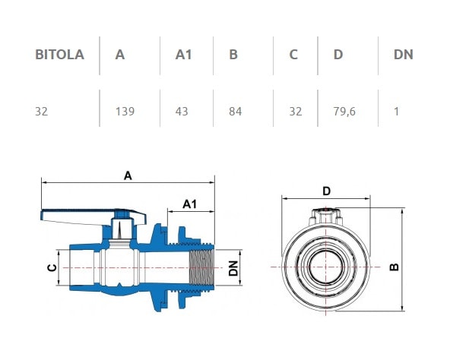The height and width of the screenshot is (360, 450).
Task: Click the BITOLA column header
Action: point(59,55)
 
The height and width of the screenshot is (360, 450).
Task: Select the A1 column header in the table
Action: point(184,55)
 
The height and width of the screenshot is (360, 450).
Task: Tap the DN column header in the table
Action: point(403,55)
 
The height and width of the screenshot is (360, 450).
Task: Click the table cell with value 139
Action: point(125,111)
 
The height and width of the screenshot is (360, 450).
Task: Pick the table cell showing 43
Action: point(182,111)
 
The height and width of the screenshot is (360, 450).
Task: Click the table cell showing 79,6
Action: point(344,111)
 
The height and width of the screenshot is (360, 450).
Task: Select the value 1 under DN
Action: point(396,111)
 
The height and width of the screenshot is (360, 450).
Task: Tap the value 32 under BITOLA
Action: point(42,111)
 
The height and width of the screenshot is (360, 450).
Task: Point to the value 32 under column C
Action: point(295,111)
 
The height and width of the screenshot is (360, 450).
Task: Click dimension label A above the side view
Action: point(128,175)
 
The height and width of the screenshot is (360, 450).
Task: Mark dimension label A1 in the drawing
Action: point(190,203)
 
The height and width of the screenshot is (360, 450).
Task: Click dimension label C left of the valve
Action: point(51,267)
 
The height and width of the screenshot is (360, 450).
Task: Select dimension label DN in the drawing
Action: point(234,267)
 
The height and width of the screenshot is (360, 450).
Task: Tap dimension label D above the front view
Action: point(326,191)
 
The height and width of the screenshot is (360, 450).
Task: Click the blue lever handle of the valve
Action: point(84,215)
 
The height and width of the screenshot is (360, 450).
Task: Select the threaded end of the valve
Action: point(200,267)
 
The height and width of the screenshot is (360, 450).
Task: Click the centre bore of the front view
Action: point(325,267)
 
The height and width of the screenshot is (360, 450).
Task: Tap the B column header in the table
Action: point(233,55)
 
